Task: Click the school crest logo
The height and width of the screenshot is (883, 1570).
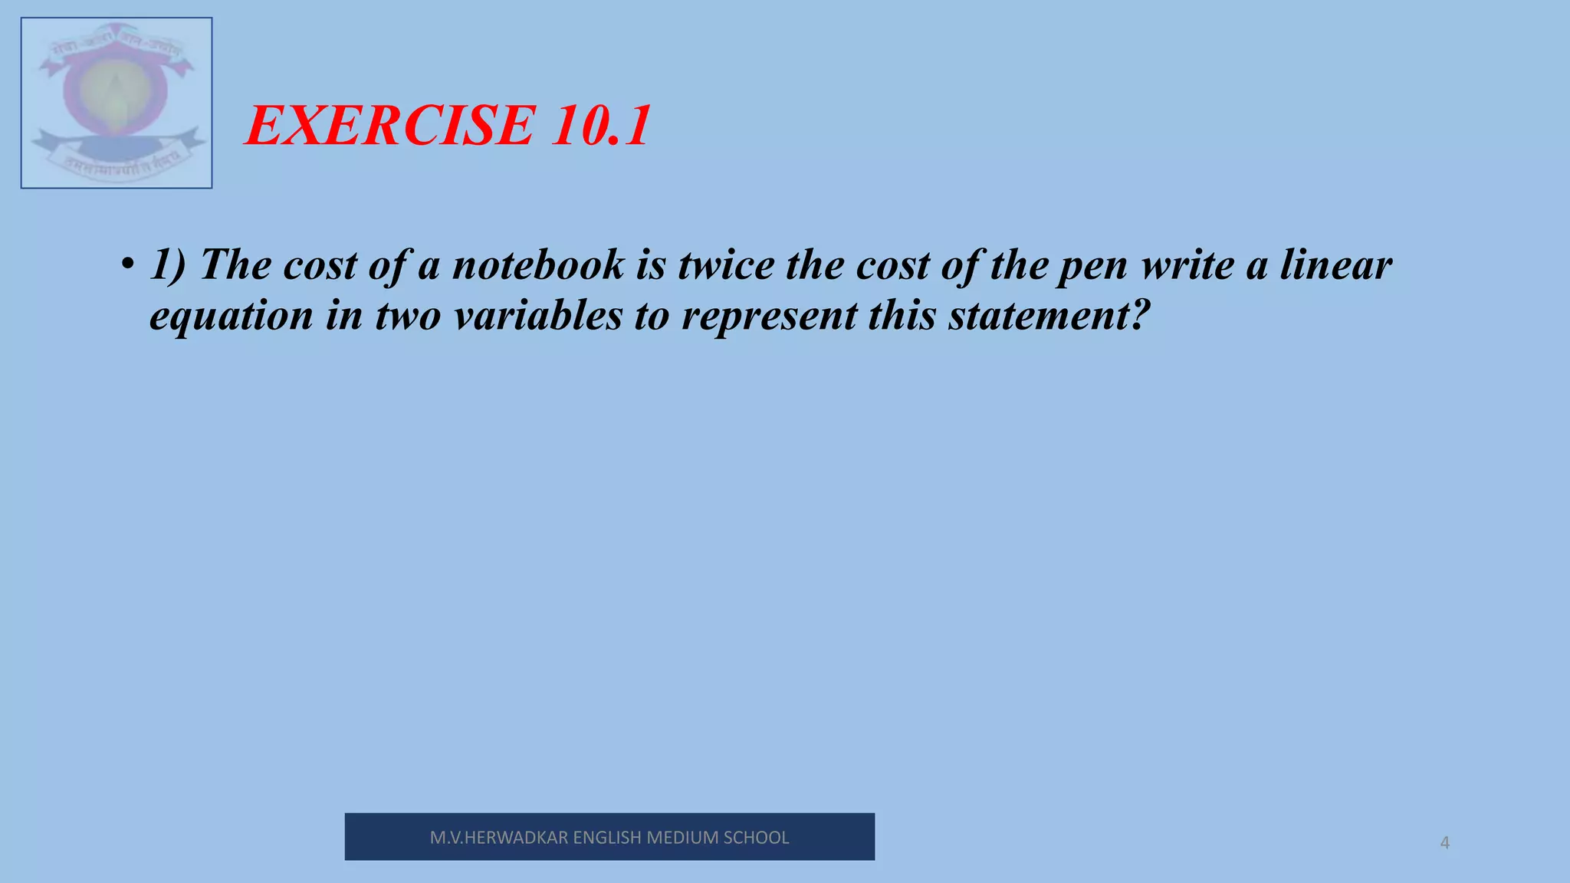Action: pos(117,103)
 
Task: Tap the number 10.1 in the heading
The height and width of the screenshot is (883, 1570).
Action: pos(600,126)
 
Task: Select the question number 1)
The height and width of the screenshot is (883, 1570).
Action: pos(168,265)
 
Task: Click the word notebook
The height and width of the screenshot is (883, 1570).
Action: pos(538,265)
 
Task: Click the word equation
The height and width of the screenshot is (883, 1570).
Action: pos(232,316)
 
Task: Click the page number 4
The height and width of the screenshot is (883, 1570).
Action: pos(1444,843)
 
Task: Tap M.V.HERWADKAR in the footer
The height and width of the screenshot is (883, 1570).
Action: pos(499,838)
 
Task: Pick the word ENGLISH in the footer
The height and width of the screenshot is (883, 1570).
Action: pos(607,838)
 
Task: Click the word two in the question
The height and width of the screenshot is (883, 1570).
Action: pos(408,316)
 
